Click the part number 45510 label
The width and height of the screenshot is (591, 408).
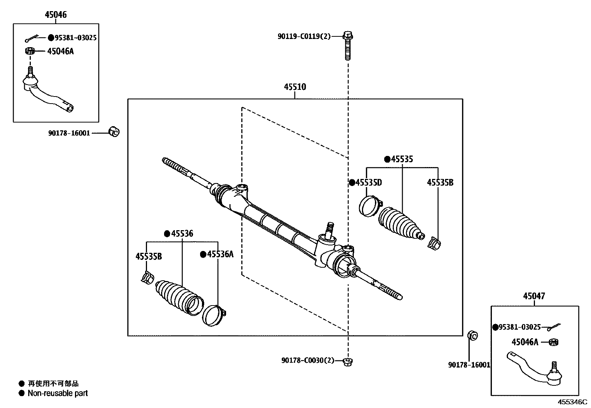click(x=295, y=87)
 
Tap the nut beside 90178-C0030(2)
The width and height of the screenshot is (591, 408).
click(x=347, y=361)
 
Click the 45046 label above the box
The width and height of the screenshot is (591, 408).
click(x=56, y=15)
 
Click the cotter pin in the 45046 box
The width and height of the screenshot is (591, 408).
click(x=32, y=38)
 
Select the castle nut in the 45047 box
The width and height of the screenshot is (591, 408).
click(x=554, y=342)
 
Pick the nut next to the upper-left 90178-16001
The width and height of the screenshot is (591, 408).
click(x=114, y=131)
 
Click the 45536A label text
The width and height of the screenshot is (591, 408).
click(x=220, y=254)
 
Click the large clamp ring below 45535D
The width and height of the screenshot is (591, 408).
click(x=370, y=205)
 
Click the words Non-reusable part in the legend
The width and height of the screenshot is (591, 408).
click(x=58, y=393)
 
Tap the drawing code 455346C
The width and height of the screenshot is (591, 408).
click(x=572, y=402)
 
